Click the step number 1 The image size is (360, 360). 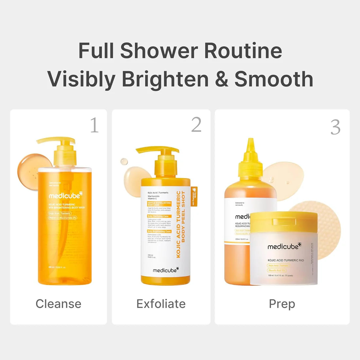pos(94,125)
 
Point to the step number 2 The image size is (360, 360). pos(196,124)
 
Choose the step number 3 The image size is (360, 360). pos(335,127)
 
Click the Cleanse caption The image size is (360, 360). pos(58,304)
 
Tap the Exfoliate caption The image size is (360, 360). pos(161,304)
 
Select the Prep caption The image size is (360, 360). pos(282,304)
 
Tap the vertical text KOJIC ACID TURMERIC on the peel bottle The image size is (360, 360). pos(179,224)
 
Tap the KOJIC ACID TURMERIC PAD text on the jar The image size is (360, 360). pos(286,260)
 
